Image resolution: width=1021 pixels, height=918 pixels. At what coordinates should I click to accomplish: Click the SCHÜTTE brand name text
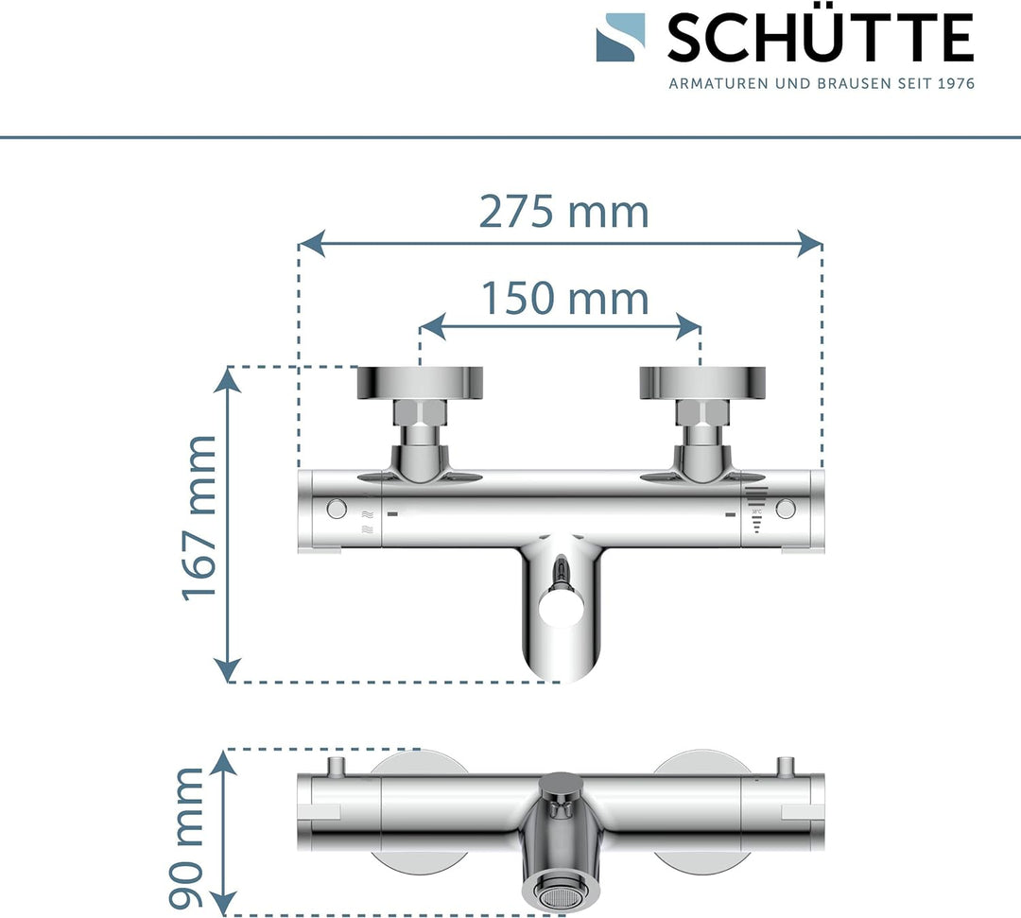tap(820, 39)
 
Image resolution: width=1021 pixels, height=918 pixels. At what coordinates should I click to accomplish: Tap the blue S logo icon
tap(621, 39)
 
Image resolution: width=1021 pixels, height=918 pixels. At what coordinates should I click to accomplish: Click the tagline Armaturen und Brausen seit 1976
tap(821, 83)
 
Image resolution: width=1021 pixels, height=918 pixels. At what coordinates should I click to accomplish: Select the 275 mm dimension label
tap(563, 212)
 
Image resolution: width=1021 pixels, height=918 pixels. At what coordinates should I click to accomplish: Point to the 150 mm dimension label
tap(565, 299)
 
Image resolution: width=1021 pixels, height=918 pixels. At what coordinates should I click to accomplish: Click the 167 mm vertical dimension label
tap(200, 517)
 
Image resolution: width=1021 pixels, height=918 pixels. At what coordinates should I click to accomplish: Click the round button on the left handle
tap(336, 510)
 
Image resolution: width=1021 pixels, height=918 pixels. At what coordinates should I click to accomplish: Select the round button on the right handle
tap(785, 510)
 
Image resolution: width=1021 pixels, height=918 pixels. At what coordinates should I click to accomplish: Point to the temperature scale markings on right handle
tap(755, 511)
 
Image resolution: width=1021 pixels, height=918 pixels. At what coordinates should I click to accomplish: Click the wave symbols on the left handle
tap(367, 521)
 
